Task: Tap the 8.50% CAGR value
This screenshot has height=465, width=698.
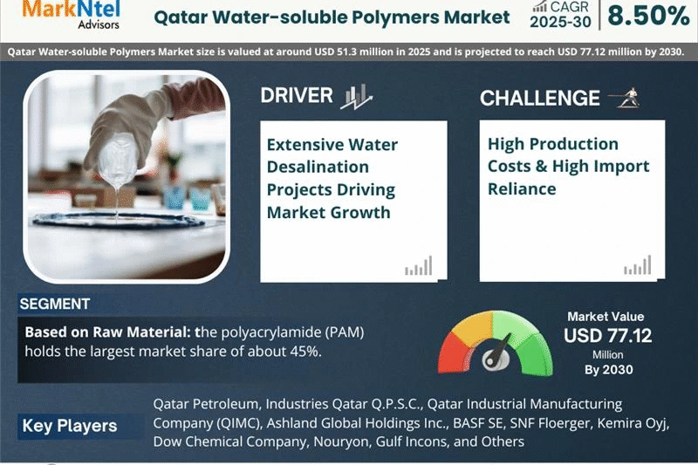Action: click(x=648, y=15)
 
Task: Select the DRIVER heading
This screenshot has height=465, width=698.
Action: click(x=297, y=95)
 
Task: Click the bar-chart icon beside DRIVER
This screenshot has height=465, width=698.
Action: click(x=356, y=96)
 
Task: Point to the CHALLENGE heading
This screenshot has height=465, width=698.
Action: click(x=540, y=98)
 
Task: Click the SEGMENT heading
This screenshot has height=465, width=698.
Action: click(x=54, y=304)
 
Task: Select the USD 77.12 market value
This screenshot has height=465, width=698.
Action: click(x=607, y=335)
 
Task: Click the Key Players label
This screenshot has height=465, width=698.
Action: click(x=69, y=427)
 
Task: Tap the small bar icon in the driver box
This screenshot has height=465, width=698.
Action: click(x=418, y=266)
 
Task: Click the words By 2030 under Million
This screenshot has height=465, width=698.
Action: click(x=607, y=370)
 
